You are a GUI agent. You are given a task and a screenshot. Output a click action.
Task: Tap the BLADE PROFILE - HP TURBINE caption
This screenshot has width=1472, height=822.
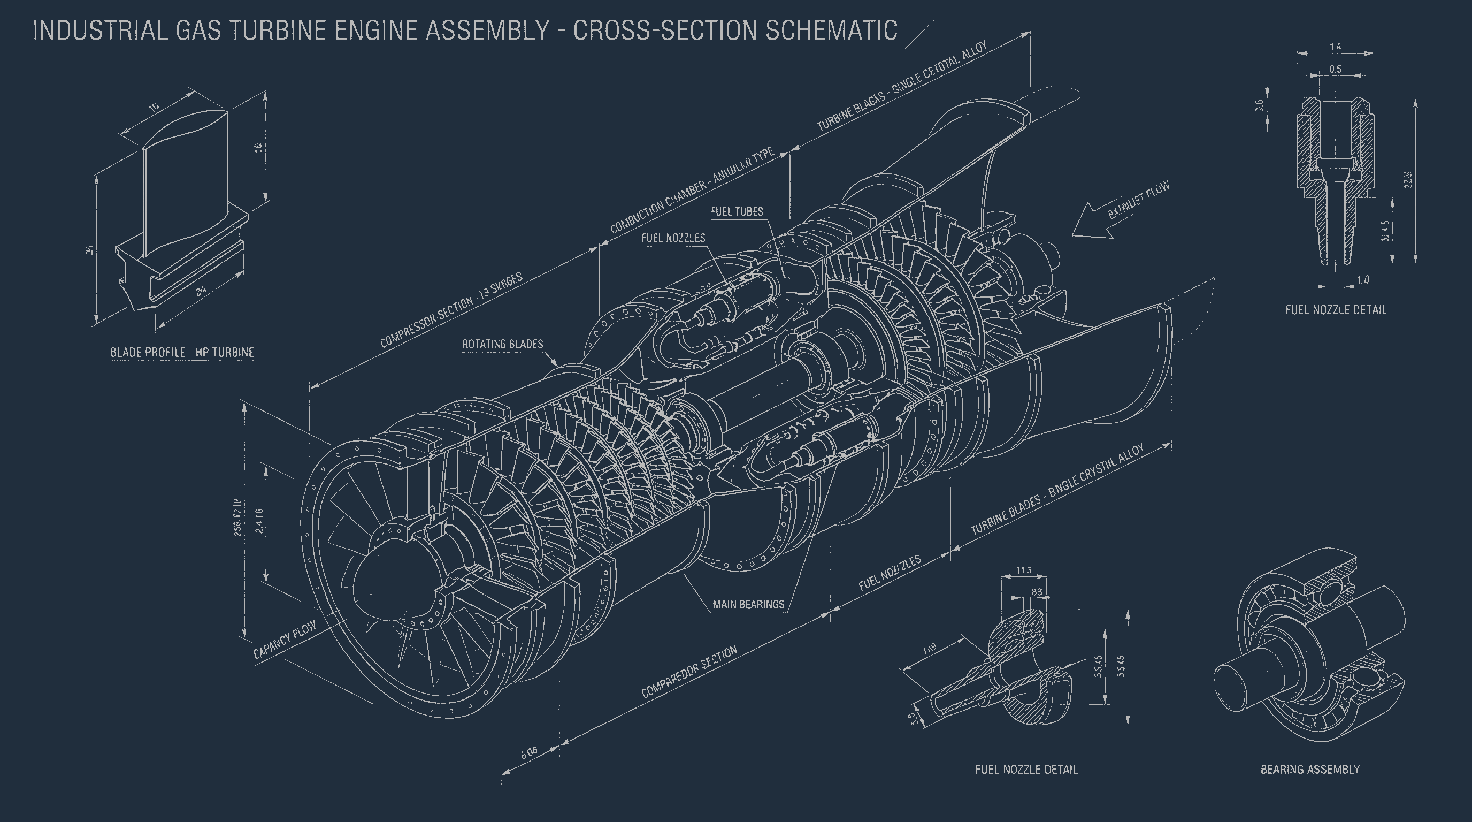tap(182, 352)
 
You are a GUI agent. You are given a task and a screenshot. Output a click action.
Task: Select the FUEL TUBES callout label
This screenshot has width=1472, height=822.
tap(737, 211)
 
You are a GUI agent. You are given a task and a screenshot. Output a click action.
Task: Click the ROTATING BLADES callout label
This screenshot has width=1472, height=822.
tap(502, 344)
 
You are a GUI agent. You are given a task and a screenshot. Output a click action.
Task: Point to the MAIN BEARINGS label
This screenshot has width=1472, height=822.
tap(748, 604)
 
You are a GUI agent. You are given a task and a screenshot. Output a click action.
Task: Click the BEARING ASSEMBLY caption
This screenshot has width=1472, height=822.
tap(1310, 770)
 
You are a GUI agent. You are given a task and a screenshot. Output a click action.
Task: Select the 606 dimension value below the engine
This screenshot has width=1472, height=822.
tap(529, 752)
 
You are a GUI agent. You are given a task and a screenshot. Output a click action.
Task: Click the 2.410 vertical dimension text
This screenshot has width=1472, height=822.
tap(259, 520)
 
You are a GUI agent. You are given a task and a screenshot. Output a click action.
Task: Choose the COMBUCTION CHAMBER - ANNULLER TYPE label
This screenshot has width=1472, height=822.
tap(692, 190)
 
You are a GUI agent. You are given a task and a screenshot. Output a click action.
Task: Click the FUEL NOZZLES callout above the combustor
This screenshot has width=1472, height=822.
tap(673, 238)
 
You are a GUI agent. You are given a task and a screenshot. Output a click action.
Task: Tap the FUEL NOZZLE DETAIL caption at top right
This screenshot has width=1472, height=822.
tap(1336, 310)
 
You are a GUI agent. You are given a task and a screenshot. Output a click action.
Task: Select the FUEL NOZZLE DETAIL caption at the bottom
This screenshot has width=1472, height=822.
tap(1026, 770)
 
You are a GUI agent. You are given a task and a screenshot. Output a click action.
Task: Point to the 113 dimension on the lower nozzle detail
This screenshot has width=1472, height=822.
tap(1023, 570)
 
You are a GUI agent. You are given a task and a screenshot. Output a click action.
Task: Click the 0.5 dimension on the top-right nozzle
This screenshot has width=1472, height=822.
tap(1335, 69)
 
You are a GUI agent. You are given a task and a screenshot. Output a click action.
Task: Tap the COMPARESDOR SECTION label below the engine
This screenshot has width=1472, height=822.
tap(689, 672)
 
